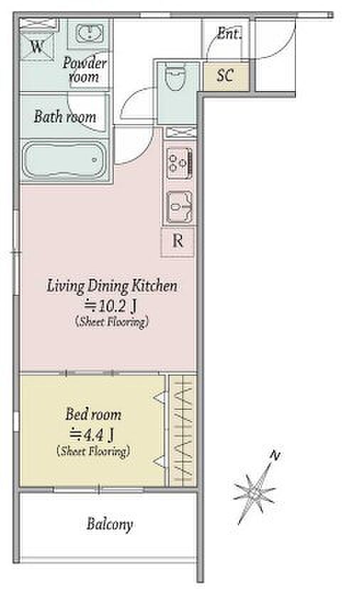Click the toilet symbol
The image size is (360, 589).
point(176,78)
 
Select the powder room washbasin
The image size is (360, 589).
point(90,33)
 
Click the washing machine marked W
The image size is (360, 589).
point(37,46)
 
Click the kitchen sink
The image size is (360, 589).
point(179,206)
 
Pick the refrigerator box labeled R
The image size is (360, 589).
point(178,242)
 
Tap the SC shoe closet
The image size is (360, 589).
point(226,76)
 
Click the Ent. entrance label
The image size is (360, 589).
point(229,34)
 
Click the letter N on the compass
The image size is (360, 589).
point(275,456)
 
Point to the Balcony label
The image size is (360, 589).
point(110,524)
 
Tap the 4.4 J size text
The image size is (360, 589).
point(92,435)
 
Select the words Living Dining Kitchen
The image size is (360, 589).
point(112,286)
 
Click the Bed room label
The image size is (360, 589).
point(94,415)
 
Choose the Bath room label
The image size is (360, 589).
point(65,117)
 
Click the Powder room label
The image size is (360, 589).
point(84,70)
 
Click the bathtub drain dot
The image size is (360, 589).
point(95,160)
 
